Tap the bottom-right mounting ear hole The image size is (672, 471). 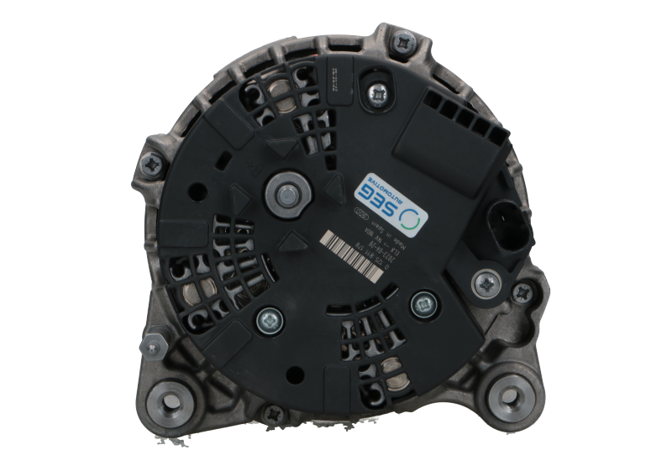[x=508, y=389]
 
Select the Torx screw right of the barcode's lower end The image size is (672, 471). [x=421, y=303]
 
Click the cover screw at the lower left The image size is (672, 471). [x=269, y=317]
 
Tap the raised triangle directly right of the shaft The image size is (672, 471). [x=333, y=186]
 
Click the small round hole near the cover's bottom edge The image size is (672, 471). [x=297, y=375]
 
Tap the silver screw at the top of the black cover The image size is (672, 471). [x=378, y=95]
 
